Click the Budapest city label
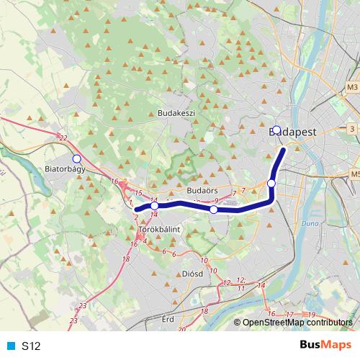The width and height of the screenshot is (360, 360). pyautogui.click(x=296, y=133)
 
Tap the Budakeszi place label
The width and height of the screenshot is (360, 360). pyautogui.click(x=176, y=113)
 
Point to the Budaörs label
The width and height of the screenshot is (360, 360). pyautogui.click(x=202, y=190)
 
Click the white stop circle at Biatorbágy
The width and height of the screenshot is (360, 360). pyautogui.click(x=77, y=158)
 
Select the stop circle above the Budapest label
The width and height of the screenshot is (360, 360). pyautogui.click(x=276, y=130)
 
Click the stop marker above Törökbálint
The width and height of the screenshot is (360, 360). pyautogui.click(x=155, y=206)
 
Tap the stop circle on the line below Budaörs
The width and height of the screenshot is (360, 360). pyautogui.click(x=214, y=210)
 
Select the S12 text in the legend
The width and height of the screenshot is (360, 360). pyautogui.click(x=31, y=346)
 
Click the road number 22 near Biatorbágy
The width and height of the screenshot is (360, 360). pyautogui.click(x=64, y=138)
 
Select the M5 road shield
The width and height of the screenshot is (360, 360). pyautogui.click(x=355, y=174)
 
